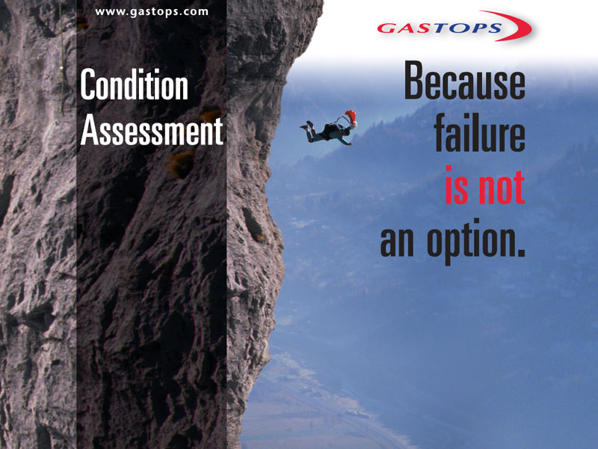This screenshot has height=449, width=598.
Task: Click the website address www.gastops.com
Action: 152,12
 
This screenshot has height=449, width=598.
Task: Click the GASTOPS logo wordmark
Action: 440,28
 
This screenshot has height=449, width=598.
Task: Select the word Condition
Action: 135,85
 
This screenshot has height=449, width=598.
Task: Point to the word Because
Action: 464,81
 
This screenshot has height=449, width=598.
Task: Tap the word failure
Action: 480,132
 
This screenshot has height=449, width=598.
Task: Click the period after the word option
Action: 521,251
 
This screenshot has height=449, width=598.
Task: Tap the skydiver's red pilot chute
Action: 351,117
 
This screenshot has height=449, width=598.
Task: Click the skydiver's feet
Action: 306,126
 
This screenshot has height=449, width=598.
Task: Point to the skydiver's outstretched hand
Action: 348,144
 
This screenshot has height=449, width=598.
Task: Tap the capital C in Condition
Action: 87,85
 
